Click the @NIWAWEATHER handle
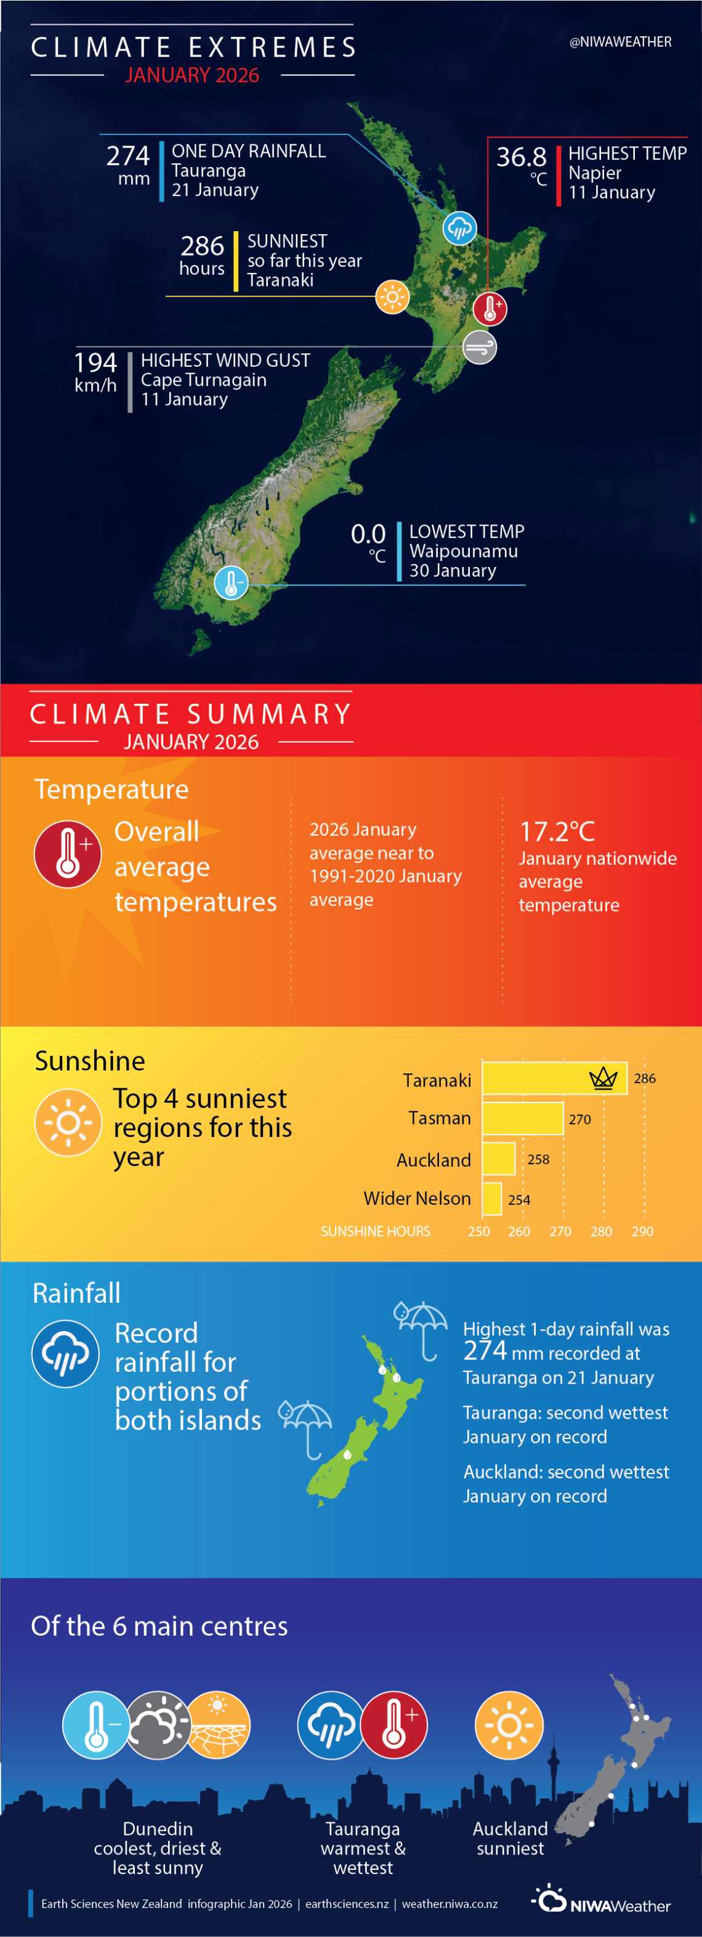tap(620, 42)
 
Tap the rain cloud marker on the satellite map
tap(459, 227)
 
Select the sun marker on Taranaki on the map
tap(392, 296)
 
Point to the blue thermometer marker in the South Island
tap(232, 583)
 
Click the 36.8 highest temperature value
tap(521, 157)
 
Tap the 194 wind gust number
tap(95, 362)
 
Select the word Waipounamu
tap(463, 551)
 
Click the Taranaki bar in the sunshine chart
tap(554, 1079)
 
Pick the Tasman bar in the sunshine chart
tap(522, 1118)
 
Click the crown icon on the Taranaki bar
tap(603, 1079)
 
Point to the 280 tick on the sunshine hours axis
tap(600, 1232)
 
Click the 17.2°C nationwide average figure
tap(557, 831)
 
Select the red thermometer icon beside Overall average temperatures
tap(68, 854)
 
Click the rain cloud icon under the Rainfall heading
tap(65, 1353)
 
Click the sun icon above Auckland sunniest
tap(509, 1725)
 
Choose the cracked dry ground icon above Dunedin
tap(217, 1725)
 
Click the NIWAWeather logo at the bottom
tap(601, 1900)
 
